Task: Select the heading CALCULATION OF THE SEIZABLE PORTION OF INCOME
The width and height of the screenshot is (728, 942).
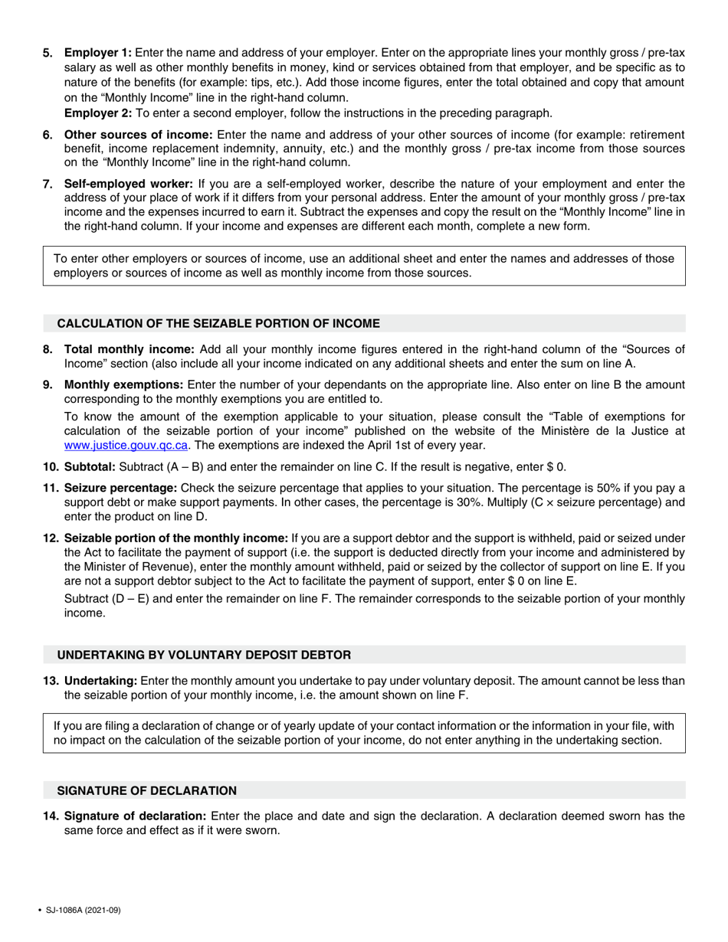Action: pos(218,323)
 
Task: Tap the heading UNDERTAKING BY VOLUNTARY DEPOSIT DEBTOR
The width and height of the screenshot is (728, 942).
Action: pos(205,655)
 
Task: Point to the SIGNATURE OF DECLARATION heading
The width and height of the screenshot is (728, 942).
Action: pos(147,790)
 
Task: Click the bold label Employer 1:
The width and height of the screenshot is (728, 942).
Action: pos(98,53)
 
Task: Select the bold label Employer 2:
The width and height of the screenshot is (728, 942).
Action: pos(98,113)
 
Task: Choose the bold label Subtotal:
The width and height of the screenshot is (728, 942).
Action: pos(90,467)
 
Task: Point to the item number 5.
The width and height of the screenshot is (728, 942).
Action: pos(48,53)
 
